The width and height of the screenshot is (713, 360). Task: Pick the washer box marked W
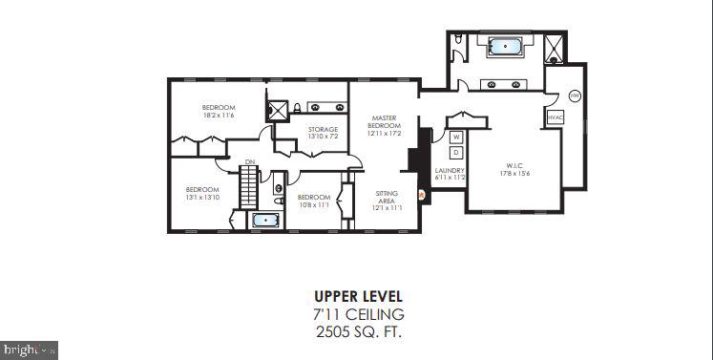(x=456, y=138)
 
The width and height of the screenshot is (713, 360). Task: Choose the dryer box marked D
(x=456, y=153)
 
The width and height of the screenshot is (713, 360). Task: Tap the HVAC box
(x=556, y=117)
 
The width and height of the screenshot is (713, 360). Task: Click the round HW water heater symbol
(x=575, y=96)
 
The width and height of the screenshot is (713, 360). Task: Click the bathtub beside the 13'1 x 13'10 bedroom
(x=265, y=221)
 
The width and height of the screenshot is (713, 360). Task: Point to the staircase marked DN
(x=249, y=184)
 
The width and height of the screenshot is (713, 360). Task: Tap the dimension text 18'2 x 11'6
(x=218, y=115)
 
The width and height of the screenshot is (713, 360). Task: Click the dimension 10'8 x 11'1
(x=313, y=204)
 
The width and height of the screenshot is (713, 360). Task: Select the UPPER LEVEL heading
(x=358, y=296)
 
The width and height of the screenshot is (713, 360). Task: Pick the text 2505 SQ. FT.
(x=358, y=331)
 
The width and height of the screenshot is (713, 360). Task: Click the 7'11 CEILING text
(x=358, y=314)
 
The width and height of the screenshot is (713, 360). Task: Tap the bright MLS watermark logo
(x=30, y=349)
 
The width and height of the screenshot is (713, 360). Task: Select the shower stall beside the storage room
(x=278, y=111)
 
